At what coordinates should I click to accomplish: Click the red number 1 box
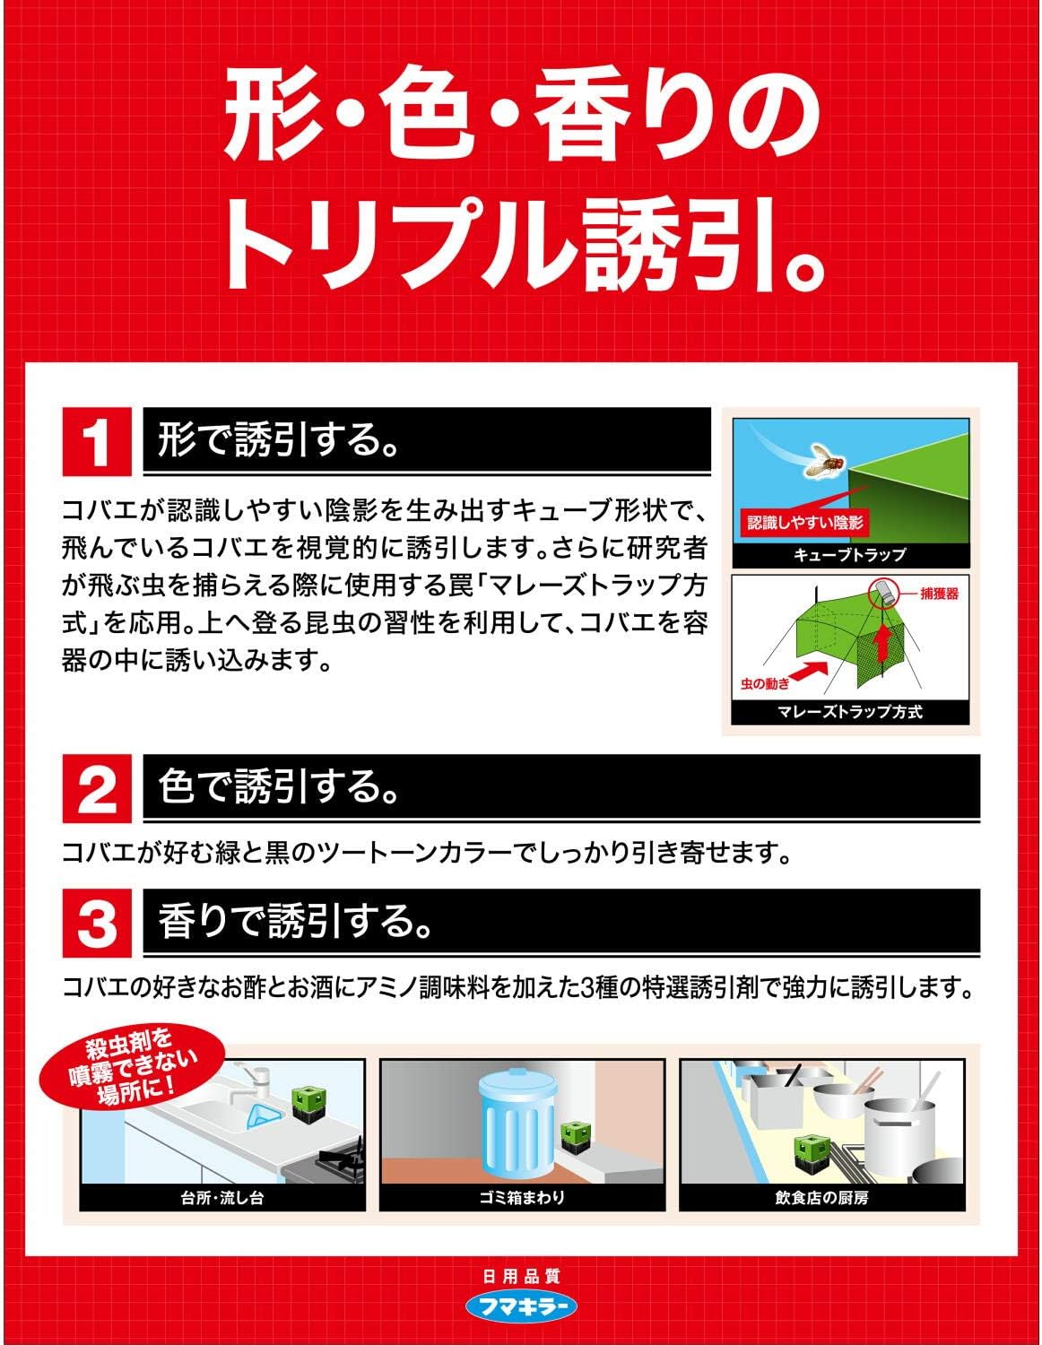point(97,441)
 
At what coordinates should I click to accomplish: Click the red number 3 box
point(97,923)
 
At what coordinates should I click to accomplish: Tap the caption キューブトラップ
point(849,554)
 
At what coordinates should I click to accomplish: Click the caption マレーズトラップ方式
point(849,712)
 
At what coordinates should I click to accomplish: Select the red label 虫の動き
point(766,684)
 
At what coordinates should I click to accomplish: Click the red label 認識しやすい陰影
point(804,523)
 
